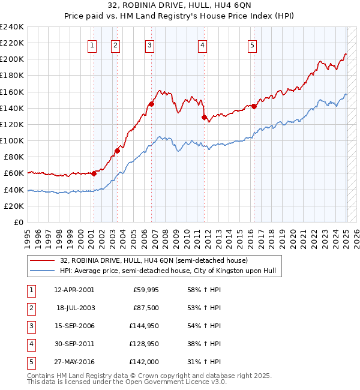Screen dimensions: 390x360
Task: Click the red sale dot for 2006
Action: point(151,104)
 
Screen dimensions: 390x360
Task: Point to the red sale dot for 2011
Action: point(204,117)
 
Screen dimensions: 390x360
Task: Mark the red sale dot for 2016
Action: point(254,106)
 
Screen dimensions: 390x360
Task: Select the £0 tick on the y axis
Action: point(19,222)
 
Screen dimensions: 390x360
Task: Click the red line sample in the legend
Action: point(43,260)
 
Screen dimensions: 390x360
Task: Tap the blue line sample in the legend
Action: point(43,271)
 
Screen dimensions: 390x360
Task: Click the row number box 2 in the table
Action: point(31,308)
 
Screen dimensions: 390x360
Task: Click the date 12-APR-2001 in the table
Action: point(74,290)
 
